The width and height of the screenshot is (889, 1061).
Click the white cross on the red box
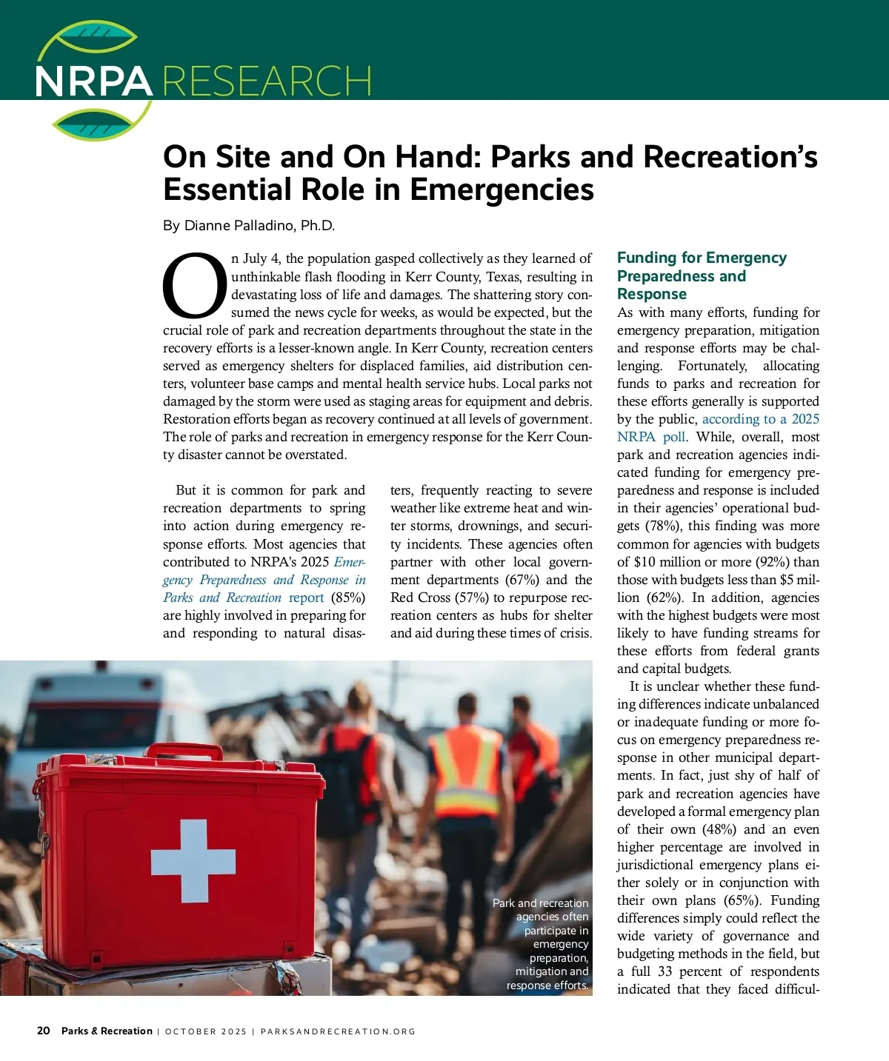(193, 861)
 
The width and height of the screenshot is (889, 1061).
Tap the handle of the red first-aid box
(184, 751)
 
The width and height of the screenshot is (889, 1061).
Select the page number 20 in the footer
(44, 1031)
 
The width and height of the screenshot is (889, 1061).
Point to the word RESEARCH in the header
(267, 81)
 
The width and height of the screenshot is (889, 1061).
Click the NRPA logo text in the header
(93, 81)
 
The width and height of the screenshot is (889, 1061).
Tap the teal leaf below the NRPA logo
(94, 126)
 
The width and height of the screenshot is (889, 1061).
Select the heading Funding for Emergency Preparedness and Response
(701, 275)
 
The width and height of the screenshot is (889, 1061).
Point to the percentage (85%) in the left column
(347, 598)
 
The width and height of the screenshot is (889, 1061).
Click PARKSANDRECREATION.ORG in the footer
(338, 1031)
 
